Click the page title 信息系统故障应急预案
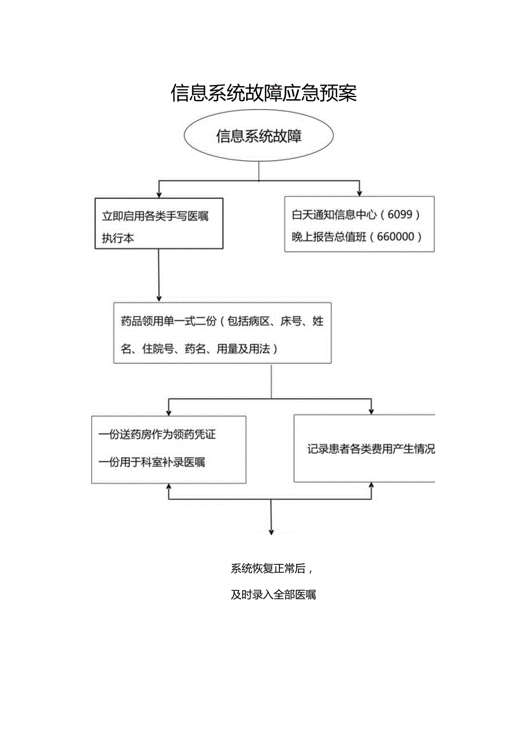(x=263, y=92)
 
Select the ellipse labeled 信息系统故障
(x=259, y=137)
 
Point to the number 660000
(x=397, y=237)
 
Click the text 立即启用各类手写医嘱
(x=155, y=216)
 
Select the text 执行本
(x=118, y=239)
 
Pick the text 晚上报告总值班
(x=332, y=237)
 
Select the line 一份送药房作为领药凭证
(x=157, y=435)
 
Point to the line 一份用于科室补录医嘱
(x=152, y=462)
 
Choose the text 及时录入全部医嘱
(x=273, y=595)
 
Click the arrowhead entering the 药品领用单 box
(x=159, y=299)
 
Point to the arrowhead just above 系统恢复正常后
(x=271, y=532)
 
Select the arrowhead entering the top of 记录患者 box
(x=371, y=411)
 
